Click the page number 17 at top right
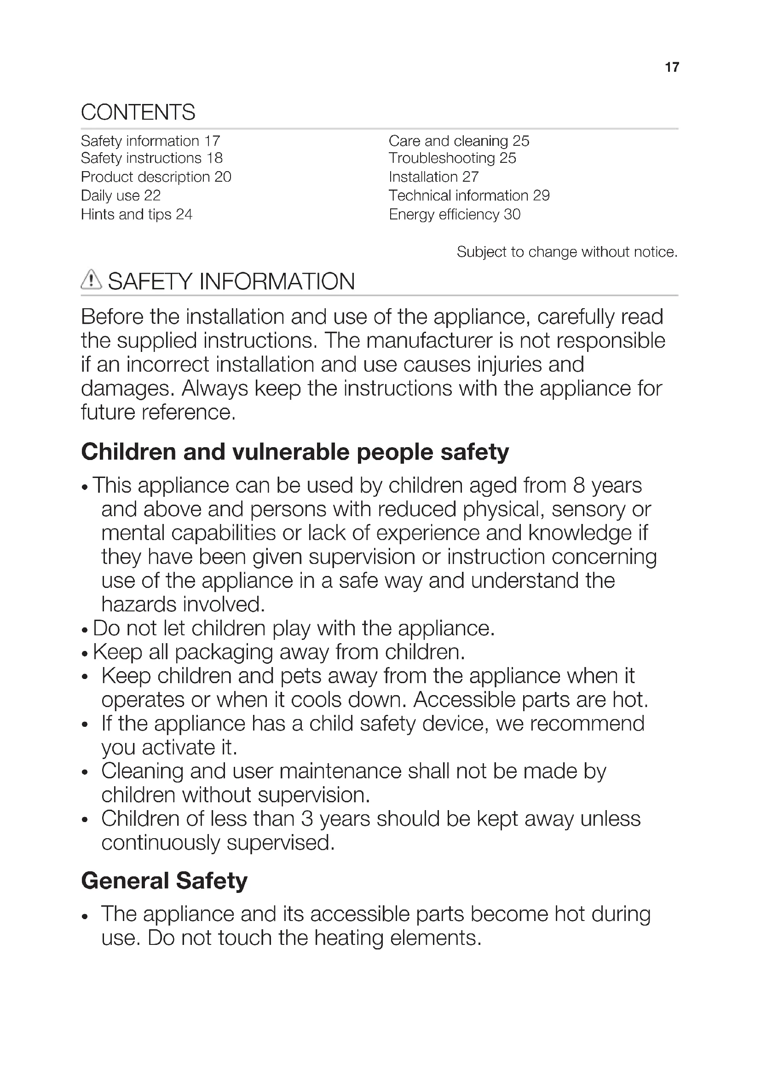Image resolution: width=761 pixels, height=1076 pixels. pos(671,68)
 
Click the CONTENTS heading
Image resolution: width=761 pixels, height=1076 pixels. pos(138,112)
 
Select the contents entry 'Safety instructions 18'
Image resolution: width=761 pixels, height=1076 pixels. pos(151,158)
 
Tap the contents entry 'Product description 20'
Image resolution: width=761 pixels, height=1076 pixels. pos(156,177)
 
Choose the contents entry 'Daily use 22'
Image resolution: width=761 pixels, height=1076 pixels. pos(121,196)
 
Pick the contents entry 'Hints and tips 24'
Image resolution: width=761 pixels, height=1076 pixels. pos(136,215)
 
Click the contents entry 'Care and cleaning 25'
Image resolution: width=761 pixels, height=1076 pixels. pos(459,141)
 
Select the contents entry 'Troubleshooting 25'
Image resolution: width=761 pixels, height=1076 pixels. pos(452,158)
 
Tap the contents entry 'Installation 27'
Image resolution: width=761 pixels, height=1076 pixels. pos(433,177)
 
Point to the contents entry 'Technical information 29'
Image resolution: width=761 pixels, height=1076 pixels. pos(469,196)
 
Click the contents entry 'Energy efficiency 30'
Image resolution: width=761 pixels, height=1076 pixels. pos(455,215)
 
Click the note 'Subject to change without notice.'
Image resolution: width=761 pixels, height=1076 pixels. pos(567,252)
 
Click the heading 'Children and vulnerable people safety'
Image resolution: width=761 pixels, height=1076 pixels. pos(295,452)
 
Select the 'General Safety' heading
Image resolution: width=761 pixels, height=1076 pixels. pos(164,880)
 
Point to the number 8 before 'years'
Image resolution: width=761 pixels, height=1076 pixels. pos(579,485)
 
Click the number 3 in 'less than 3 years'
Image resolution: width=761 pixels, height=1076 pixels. pos(307,819)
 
